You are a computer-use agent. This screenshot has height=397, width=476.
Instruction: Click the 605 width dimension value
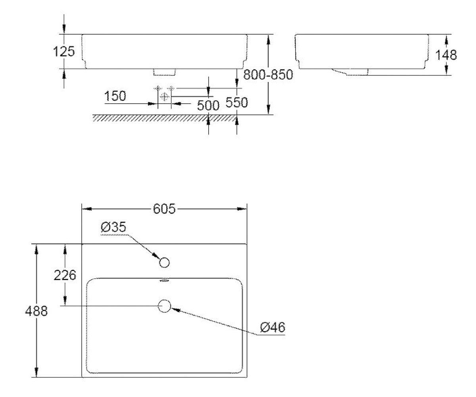(164, 209)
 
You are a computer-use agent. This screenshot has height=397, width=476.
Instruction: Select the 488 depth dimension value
(36, 311)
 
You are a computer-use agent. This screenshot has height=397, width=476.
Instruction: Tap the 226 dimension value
(65, 275)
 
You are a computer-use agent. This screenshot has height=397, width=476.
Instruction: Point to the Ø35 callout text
(113, 227)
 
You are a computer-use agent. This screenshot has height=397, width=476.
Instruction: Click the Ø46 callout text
(273, 328)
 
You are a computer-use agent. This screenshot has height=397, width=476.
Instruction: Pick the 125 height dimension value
(64, 51)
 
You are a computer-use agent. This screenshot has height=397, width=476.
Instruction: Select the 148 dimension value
(446, 55)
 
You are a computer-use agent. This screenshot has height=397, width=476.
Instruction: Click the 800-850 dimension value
(268, 75)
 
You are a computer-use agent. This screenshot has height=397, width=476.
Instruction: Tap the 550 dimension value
(237, 102)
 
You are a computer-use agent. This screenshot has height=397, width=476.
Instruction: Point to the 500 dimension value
(208, 106)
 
